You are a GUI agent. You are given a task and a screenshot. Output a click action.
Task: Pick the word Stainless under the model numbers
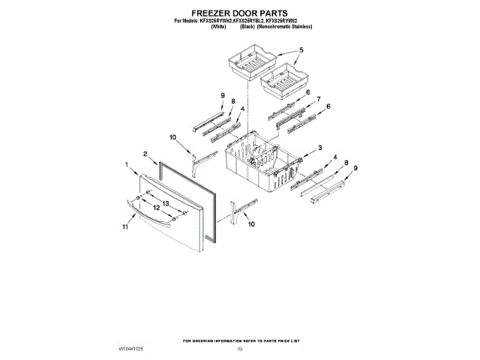(x=300, y=26)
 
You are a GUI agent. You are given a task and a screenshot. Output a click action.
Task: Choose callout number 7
(x=318, y=99)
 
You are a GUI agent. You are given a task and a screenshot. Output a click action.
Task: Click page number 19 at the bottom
(x=240, y=349)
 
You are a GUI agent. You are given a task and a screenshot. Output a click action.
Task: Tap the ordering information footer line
(x=240, y=341)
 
